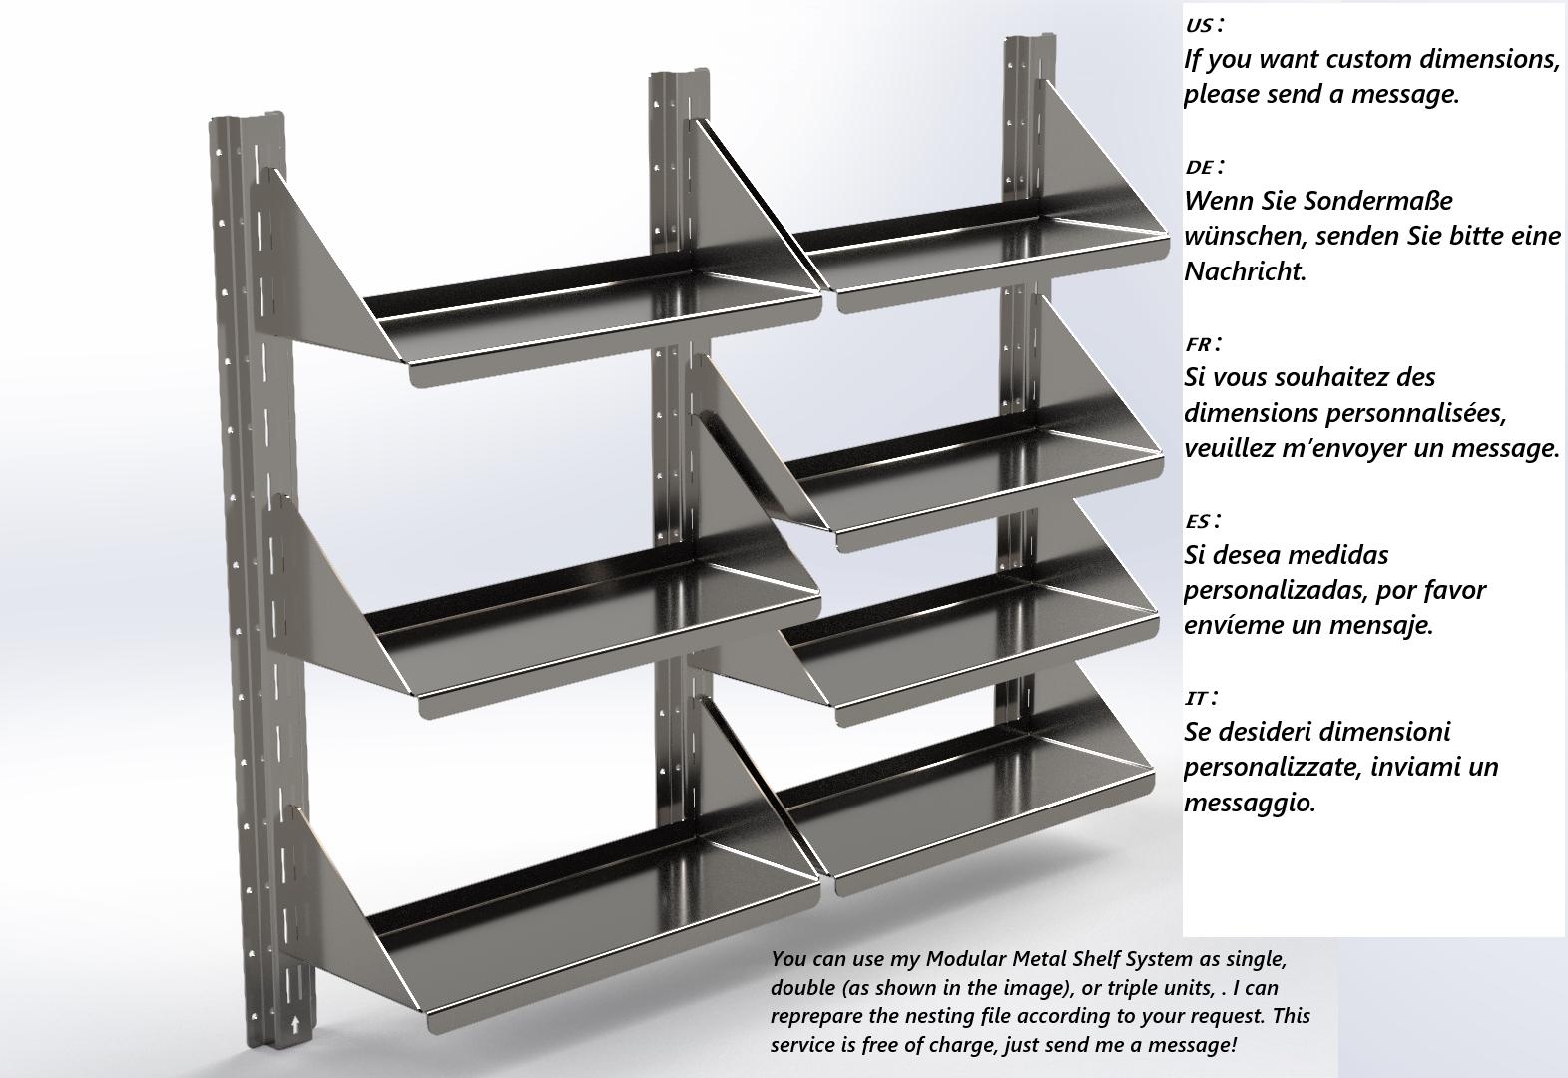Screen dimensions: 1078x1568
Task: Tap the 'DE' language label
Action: (1201, 167)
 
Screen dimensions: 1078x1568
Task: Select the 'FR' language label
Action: (1200, 344)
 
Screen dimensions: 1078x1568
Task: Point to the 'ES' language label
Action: (1199, 521)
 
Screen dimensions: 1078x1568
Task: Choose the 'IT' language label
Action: (1197, 698)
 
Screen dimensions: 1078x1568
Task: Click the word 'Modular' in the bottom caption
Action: (966, 959)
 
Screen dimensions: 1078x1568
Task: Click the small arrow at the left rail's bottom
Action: (293, 1023)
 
